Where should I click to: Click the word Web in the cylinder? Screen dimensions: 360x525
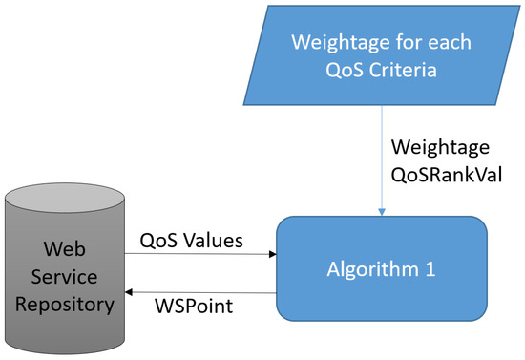66,249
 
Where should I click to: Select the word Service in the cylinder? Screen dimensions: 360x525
66,278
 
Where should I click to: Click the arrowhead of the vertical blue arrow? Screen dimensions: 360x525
382,212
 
